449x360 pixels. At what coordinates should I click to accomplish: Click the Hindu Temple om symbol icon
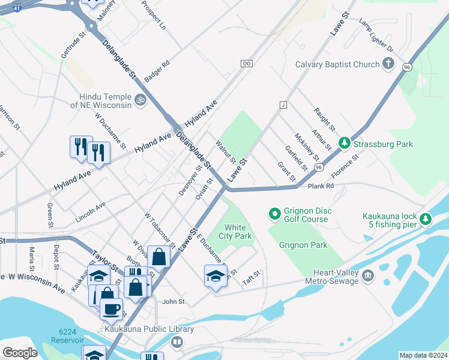click(140, 99)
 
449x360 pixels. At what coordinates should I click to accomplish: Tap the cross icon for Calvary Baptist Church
click(388, 64)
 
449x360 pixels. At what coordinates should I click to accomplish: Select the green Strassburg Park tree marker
click(345, 143)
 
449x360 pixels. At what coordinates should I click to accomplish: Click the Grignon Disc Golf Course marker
click(274, 213)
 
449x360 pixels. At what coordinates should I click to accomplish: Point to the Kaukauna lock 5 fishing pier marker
click(426, 219)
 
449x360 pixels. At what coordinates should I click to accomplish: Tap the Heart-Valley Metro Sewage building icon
click(367, 276)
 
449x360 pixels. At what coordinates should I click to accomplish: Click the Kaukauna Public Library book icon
click(176, 342)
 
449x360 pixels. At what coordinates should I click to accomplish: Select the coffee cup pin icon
click(111, 309)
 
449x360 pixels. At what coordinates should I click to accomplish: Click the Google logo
click(20, 353)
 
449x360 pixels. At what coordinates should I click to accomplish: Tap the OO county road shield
click(246, 63)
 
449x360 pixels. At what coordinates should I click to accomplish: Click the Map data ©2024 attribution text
click(423, 355)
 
